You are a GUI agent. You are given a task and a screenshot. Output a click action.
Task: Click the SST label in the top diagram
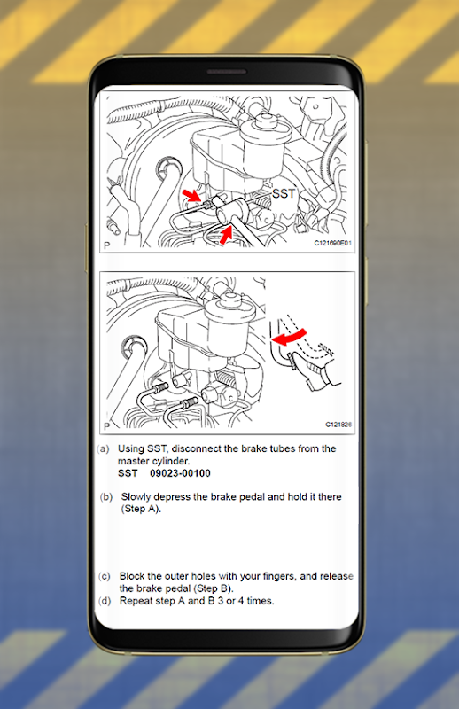coord(284,193)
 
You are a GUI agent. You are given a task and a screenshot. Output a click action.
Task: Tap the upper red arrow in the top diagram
coord(192,196)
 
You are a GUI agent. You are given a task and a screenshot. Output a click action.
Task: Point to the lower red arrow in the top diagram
coord(226,235)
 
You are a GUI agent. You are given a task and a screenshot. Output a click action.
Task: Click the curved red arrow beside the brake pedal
coord(291,337)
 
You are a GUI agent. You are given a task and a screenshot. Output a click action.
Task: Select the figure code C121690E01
coord(333,243)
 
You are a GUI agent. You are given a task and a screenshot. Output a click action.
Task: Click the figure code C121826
coord(338,425)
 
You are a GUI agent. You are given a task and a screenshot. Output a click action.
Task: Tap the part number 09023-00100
coord(180,473)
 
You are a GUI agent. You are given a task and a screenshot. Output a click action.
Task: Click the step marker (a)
coord(104,449)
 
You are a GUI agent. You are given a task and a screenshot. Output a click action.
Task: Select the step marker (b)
coord(105,497)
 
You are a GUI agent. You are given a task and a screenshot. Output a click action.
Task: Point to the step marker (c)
coord(104,577)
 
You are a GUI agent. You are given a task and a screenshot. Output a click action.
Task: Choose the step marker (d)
coord(105,601)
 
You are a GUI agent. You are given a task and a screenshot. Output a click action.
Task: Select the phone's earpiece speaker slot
coord(227,72)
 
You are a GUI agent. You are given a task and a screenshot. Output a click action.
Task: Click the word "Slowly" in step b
coord(136,497)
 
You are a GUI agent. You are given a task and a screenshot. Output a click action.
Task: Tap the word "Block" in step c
coord(132,576)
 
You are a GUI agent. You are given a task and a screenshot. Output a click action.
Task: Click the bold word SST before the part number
coord(128,473)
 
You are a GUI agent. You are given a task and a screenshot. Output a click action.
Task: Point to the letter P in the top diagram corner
coord(106,245)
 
